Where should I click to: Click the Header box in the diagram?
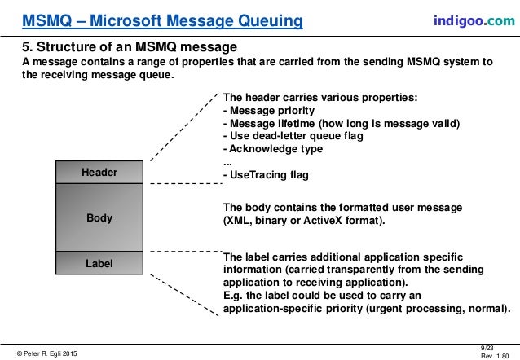[99, 173]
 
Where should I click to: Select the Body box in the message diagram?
[99, 218]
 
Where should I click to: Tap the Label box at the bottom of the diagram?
[99, 263]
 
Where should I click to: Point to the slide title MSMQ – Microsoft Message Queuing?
[162, 20]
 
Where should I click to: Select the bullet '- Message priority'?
[268, 111]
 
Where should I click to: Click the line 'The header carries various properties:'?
[319, 98]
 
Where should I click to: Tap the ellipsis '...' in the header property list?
[227, 162]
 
